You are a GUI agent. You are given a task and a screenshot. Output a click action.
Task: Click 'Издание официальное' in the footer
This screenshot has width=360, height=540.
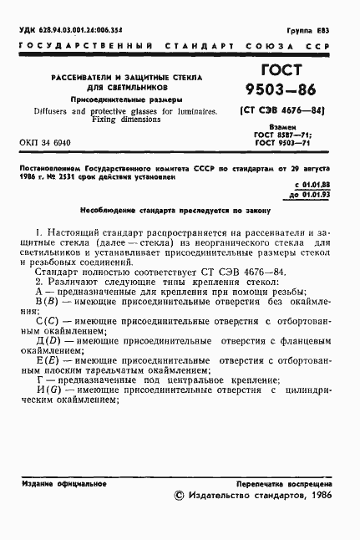[x=57, y=483]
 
